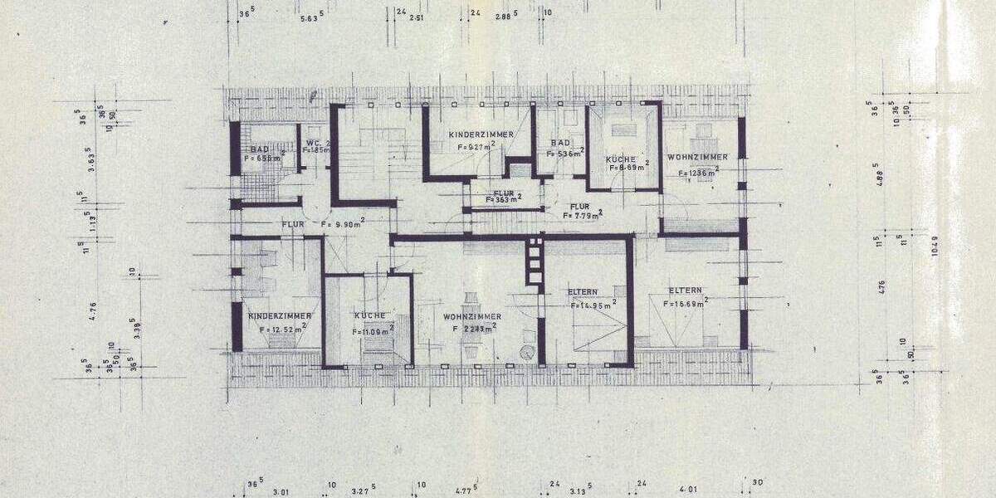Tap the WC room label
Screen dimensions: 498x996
pos(313,143)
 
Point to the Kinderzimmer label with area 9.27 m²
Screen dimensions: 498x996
pos(481,134)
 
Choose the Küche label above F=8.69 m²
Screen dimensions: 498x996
pos(621,159)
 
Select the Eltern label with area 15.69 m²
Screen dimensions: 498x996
pos(685,290)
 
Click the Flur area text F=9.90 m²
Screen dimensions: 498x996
pos(342,224)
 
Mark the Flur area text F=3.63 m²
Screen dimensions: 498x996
pos(504,199)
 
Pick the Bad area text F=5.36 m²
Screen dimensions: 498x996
pos(567,154)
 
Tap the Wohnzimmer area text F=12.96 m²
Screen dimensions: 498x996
pos(697,173)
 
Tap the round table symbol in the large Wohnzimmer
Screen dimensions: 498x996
pos(526,353)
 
